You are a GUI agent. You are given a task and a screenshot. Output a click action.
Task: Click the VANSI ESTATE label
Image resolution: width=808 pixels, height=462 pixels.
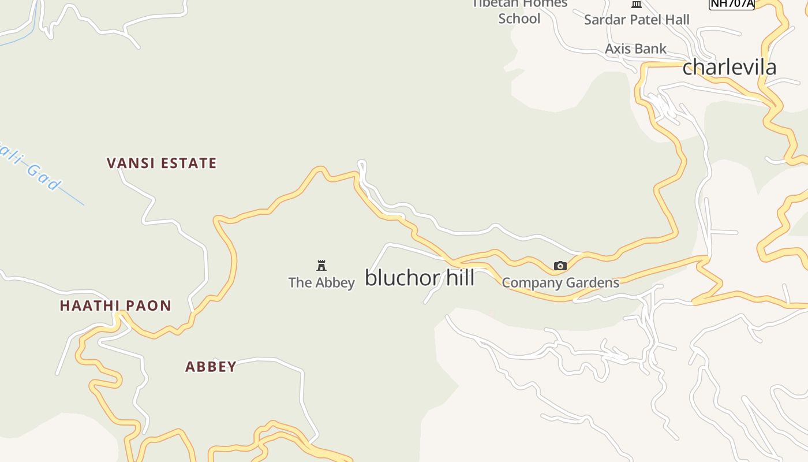coord(162,163)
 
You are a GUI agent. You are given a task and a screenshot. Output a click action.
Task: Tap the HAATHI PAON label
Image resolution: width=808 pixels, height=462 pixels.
coord(115,305)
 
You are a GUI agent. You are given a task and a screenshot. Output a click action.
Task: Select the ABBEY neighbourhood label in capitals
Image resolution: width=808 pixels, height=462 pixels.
coord(211,367)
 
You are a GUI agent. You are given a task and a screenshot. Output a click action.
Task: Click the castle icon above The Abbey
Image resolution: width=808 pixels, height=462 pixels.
coord(321,266)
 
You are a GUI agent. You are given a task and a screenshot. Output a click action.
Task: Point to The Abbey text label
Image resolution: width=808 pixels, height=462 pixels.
coord(321,282)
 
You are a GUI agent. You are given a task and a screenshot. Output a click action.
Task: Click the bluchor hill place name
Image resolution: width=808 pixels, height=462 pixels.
coord(420,278)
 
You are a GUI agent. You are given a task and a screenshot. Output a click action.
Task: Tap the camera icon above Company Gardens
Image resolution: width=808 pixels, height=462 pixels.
coord(560,266)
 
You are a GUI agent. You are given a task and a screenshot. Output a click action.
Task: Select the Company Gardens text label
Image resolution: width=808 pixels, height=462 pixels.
coord(560,283)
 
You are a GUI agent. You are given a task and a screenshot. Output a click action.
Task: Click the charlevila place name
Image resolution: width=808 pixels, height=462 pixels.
coord(730,67)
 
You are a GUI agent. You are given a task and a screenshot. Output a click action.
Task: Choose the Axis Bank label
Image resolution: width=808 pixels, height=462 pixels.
coord(635,49)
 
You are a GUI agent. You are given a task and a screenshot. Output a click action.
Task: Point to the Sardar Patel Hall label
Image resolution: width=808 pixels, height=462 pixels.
coord(637,20)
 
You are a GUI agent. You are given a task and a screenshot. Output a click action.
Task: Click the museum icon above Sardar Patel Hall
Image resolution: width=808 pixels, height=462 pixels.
coord(637,4)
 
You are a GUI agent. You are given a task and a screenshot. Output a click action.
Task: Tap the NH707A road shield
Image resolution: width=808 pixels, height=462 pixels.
coord(731,3)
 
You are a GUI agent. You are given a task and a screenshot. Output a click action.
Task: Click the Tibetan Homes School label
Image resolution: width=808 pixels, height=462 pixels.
coord(519,11)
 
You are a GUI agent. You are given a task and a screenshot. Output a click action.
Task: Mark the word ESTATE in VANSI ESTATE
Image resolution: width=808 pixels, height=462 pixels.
coord(188,163)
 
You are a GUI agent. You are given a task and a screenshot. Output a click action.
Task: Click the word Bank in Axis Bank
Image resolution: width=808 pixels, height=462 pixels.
coord(651,49)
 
